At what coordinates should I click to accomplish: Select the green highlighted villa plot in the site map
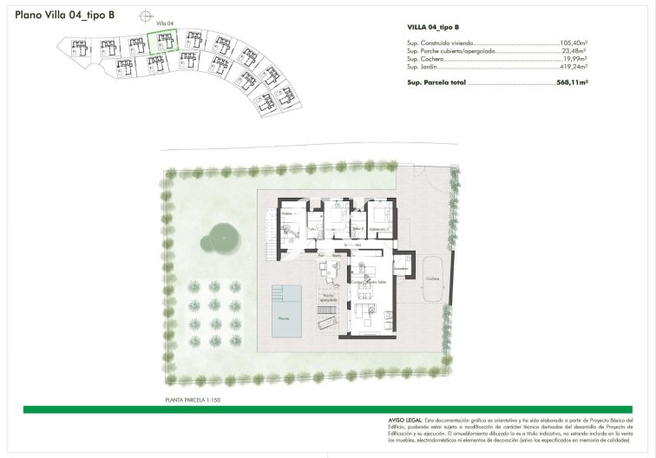[162, 42]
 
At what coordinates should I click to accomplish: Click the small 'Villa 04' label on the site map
[163, 23]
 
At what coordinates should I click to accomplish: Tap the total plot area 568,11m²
[572, 82]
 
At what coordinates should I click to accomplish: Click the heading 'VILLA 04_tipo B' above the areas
[433, 28]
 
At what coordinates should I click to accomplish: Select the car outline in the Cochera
[431, 286]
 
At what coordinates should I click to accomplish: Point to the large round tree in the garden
[221, 238]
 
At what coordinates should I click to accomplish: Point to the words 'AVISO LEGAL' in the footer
[403, 419]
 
